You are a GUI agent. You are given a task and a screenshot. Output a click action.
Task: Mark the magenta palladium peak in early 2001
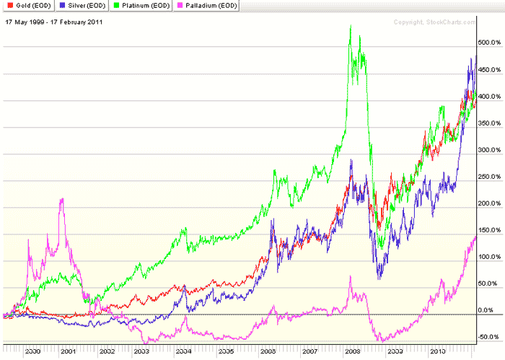click(x=62, y=198)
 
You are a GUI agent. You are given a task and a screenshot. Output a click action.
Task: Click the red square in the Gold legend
click(x=7, y=6)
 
